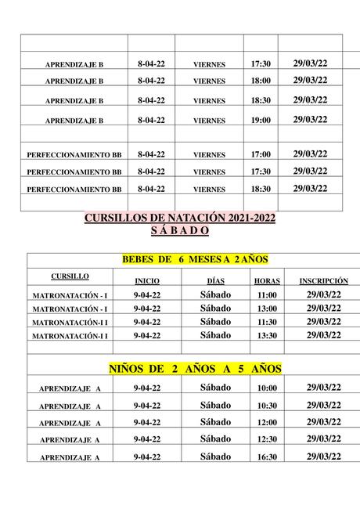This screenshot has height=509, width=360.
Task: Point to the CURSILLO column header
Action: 70,276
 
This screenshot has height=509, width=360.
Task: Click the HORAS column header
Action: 267,280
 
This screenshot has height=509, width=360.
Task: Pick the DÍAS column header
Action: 215,280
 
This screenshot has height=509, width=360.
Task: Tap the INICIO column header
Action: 148,280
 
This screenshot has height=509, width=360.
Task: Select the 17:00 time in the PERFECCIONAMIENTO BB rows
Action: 261,155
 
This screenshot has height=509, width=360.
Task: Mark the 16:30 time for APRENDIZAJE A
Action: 267,457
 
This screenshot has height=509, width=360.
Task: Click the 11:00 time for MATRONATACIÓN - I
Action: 267,294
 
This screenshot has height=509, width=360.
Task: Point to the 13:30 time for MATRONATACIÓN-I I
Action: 267,336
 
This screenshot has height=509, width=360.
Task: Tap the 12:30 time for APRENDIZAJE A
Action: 267,440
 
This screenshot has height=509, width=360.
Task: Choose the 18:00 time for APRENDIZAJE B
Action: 261,81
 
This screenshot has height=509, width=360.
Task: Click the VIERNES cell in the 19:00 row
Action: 209,121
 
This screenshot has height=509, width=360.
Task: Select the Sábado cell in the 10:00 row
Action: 215,388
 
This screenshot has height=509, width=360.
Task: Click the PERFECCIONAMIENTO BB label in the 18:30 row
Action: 74,190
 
